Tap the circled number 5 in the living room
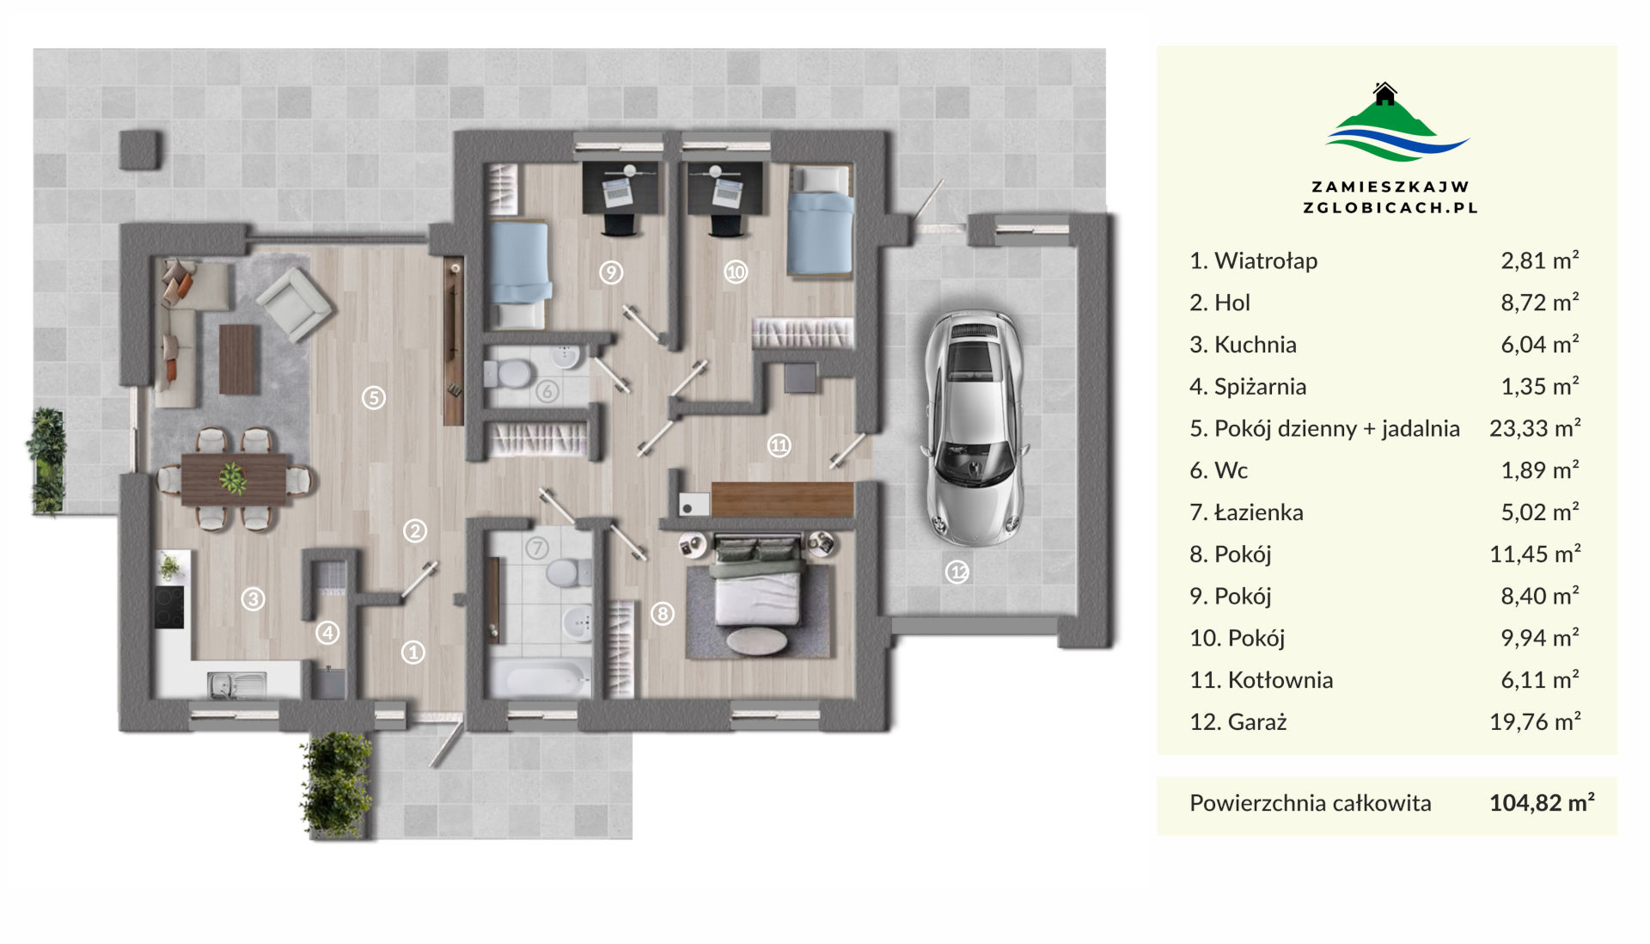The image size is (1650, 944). (373, 397)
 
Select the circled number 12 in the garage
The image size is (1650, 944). (957, 572)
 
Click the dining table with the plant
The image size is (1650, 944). (234, 479)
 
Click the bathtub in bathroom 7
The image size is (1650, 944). (540, 679)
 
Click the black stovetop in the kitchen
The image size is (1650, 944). (169, 607)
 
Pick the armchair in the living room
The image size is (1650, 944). (294, 303)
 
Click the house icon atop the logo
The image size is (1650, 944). (1384, 93)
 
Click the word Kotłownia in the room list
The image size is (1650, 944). (1280, 680)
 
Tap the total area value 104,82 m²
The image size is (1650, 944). (1542, 802)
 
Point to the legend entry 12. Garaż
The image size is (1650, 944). (1238, 722)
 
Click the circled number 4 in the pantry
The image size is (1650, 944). (327, 633)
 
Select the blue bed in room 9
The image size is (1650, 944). (518, 274)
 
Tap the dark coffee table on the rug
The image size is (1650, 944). (239, 359)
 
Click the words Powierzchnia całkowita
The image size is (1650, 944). (1311, 803)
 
